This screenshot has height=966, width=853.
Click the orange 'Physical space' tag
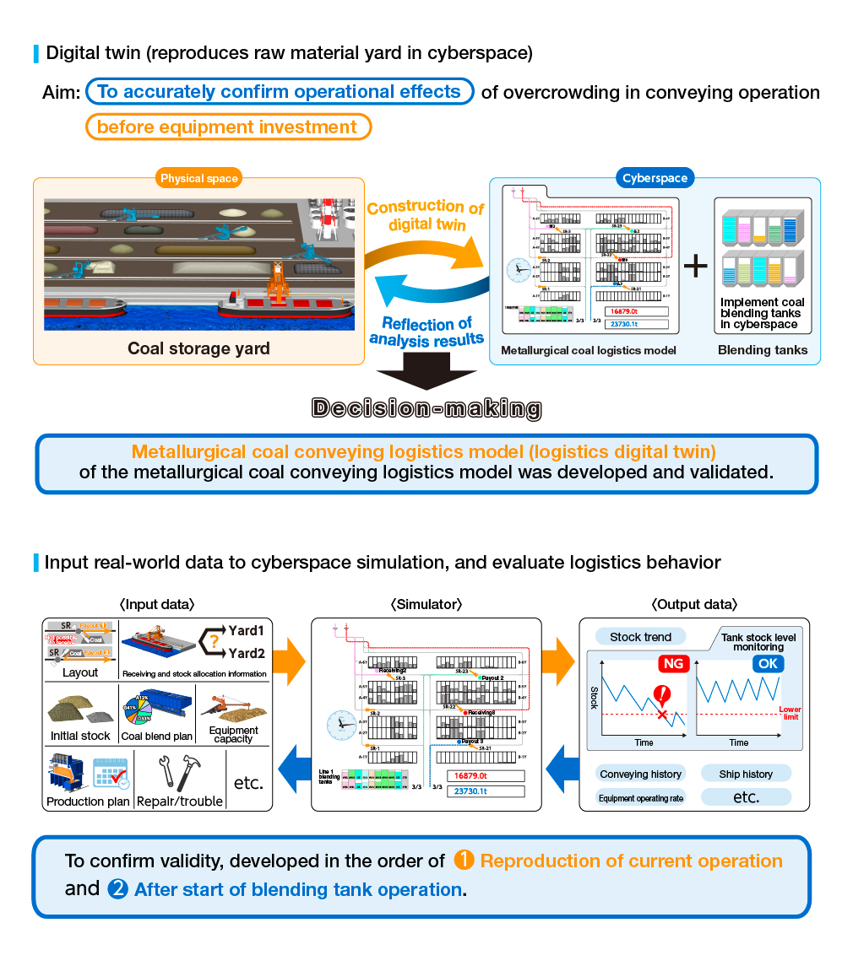tap(199, 178)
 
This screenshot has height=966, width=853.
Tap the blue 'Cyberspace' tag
tap(655, 178)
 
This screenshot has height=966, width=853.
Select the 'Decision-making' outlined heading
tap(426, 408)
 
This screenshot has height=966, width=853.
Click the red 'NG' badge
tap(673, 664)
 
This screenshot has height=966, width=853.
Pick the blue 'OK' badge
tap(768, 664)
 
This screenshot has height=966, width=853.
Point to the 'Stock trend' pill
tap(640, 637)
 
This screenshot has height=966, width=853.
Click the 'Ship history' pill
tap(746, 774)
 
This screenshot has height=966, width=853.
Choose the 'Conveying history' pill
tap(640, 774)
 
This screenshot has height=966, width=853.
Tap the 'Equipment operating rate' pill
tap(640, 797)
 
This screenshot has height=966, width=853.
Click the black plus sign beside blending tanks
tap(695, 267)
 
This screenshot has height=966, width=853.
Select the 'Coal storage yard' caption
tap(198, 348)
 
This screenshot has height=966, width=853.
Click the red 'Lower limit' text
tap(790, 713)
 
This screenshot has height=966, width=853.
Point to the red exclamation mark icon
tap(661, 695)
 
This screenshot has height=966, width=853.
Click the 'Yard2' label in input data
tap(247, 653)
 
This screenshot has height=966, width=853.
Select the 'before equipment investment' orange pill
tap(228, 127)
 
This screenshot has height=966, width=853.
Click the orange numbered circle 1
tap(464, 861)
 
